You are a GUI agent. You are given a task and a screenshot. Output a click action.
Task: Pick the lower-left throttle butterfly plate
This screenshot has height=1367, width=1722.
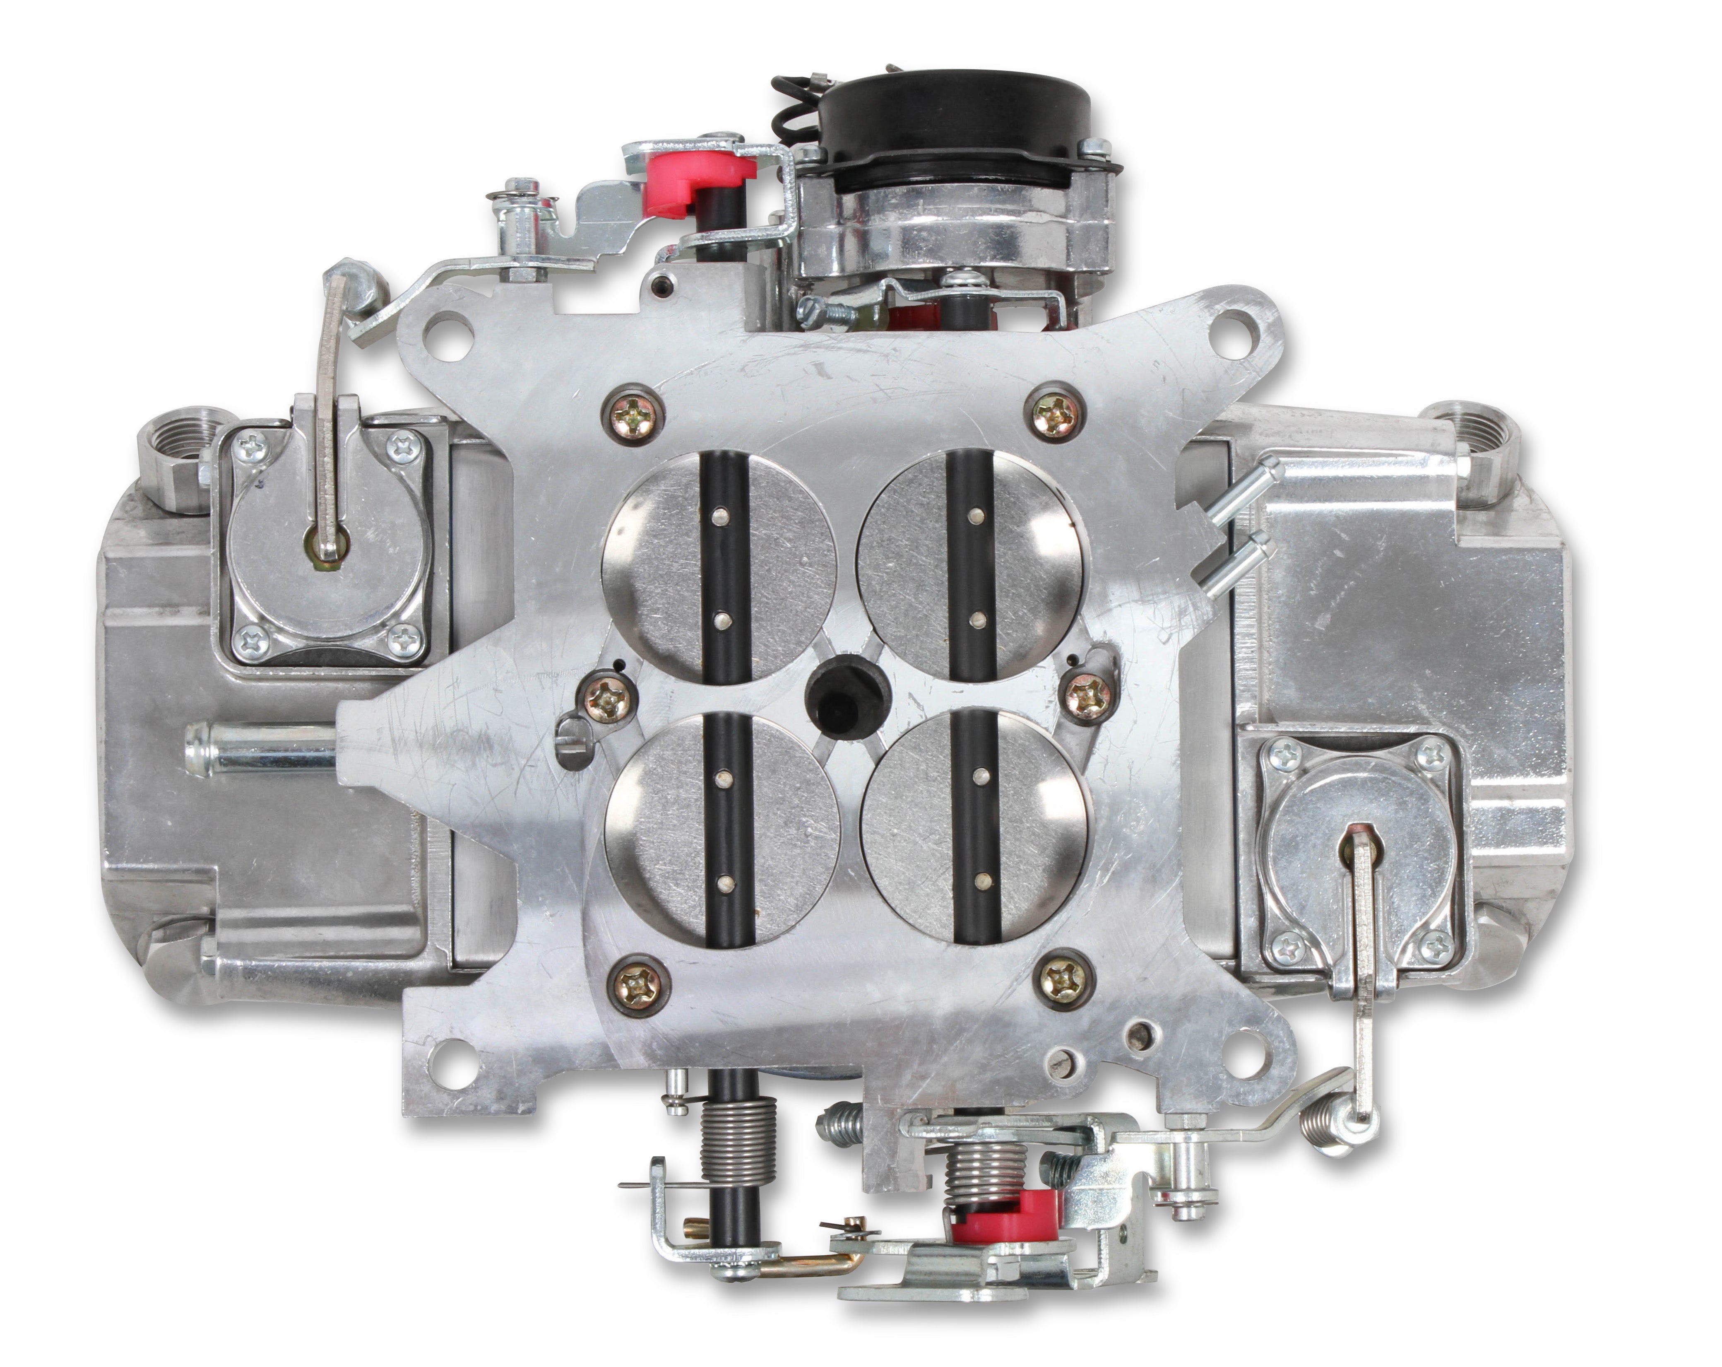723,831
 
